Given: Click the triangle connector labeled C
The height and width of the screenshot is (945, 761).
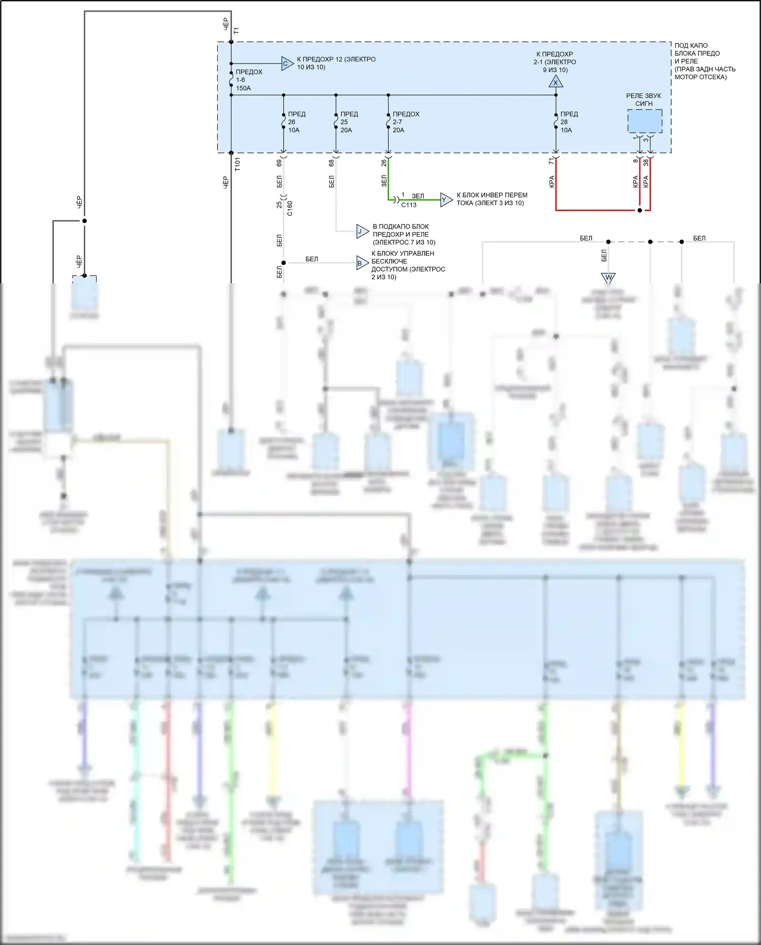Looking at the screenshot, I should coord(287,63).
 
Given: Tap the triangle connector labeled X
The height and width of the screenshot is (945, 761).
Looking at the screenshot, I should coord(556,82).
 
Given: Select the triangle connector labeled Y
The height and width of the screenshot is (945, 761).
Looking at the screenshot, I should coord(445,200).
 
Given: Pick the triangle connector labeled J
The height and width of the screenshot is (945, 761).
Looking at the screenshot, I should coord(362,232).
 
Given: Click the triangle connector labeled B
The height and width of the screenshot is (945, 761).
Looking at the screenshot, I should coord(362,263).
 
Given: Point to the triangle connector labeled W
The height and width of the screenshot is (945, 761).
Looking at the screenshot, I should coord(608,277).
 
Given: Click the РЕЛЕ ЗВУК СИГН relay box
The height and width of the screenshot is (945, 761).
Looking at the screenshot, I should coord(644,122).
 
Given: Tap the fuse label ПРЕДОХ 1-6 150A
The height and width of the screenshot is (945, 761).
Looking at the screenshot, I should coord(249,80).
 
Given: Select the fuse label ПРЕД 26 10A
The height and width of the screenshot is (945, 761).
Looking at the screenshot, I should coord(296,122).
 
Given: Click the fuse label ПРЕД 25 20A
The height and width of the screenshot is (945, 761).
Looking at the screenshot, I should coord(349,122).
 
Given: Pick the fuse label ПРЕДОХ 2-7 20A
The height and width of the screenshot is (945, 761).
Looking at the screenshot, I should coord(405,122).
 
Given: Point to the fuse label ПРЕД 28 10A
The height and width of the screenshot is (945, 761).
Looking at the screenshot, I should coord(569,122).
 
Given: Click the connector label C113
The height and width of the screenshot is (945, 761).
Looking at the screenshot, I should coord(409,205).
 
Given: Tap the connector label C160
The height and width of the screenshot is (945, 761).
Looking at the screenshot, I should coord(290,208).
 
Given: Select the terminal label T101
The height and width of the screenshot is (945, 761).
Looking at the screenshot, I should coord(237,164).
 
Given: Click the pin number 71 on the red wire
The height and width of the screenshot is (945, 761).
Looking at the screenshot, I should coord(551,161).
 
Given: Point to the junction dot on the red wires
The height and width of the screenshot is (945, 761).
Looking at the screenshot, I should coord(640,210).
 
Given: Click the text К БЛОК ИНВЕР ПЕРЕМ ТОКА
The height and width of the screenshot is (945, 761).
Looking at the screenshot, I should coord(492,199).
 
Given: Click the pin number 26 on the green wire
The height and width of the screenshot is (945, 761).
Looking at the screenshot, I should coord(384,162).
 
